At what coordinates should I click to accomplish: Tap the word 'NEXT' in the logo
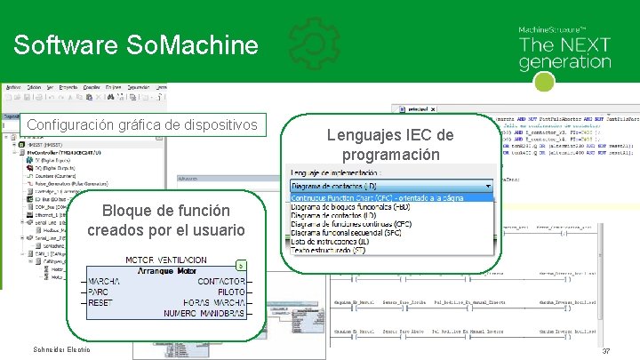click(x=580, y=44)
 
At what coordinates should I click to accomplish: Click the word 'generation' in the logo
click(x=564, y=62)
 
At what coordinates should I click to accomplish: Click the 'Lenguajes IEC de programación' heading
click(x=390, y=145)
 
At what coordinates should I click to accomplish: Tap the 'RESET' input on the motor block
click(x=100, y=303)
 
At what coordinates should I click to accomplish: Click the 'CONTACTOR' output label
click(x=221, y=282)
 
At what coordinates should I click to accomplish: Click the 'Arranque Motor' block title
click(x=166, y=271)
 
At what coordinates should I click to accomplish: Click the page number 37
click(x=605, y=352)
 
